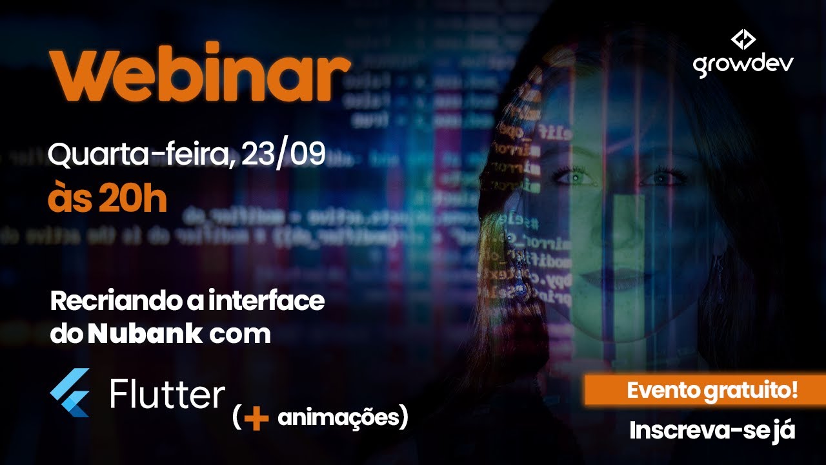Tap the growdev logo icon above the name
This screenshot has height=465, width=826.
743,40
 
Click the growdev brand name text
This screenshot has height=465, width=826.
743,65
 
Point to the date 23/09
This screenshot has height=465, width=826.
283,155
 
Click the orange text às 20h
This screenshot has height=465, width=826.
107,200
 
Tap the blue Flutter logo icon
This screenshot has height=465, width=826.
70,393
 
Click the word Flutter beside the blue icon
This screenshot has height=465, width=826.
167,393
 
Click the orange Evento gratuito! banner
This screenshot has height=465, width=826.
705,390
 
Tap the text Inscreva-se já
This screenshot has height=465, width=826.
712,431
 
